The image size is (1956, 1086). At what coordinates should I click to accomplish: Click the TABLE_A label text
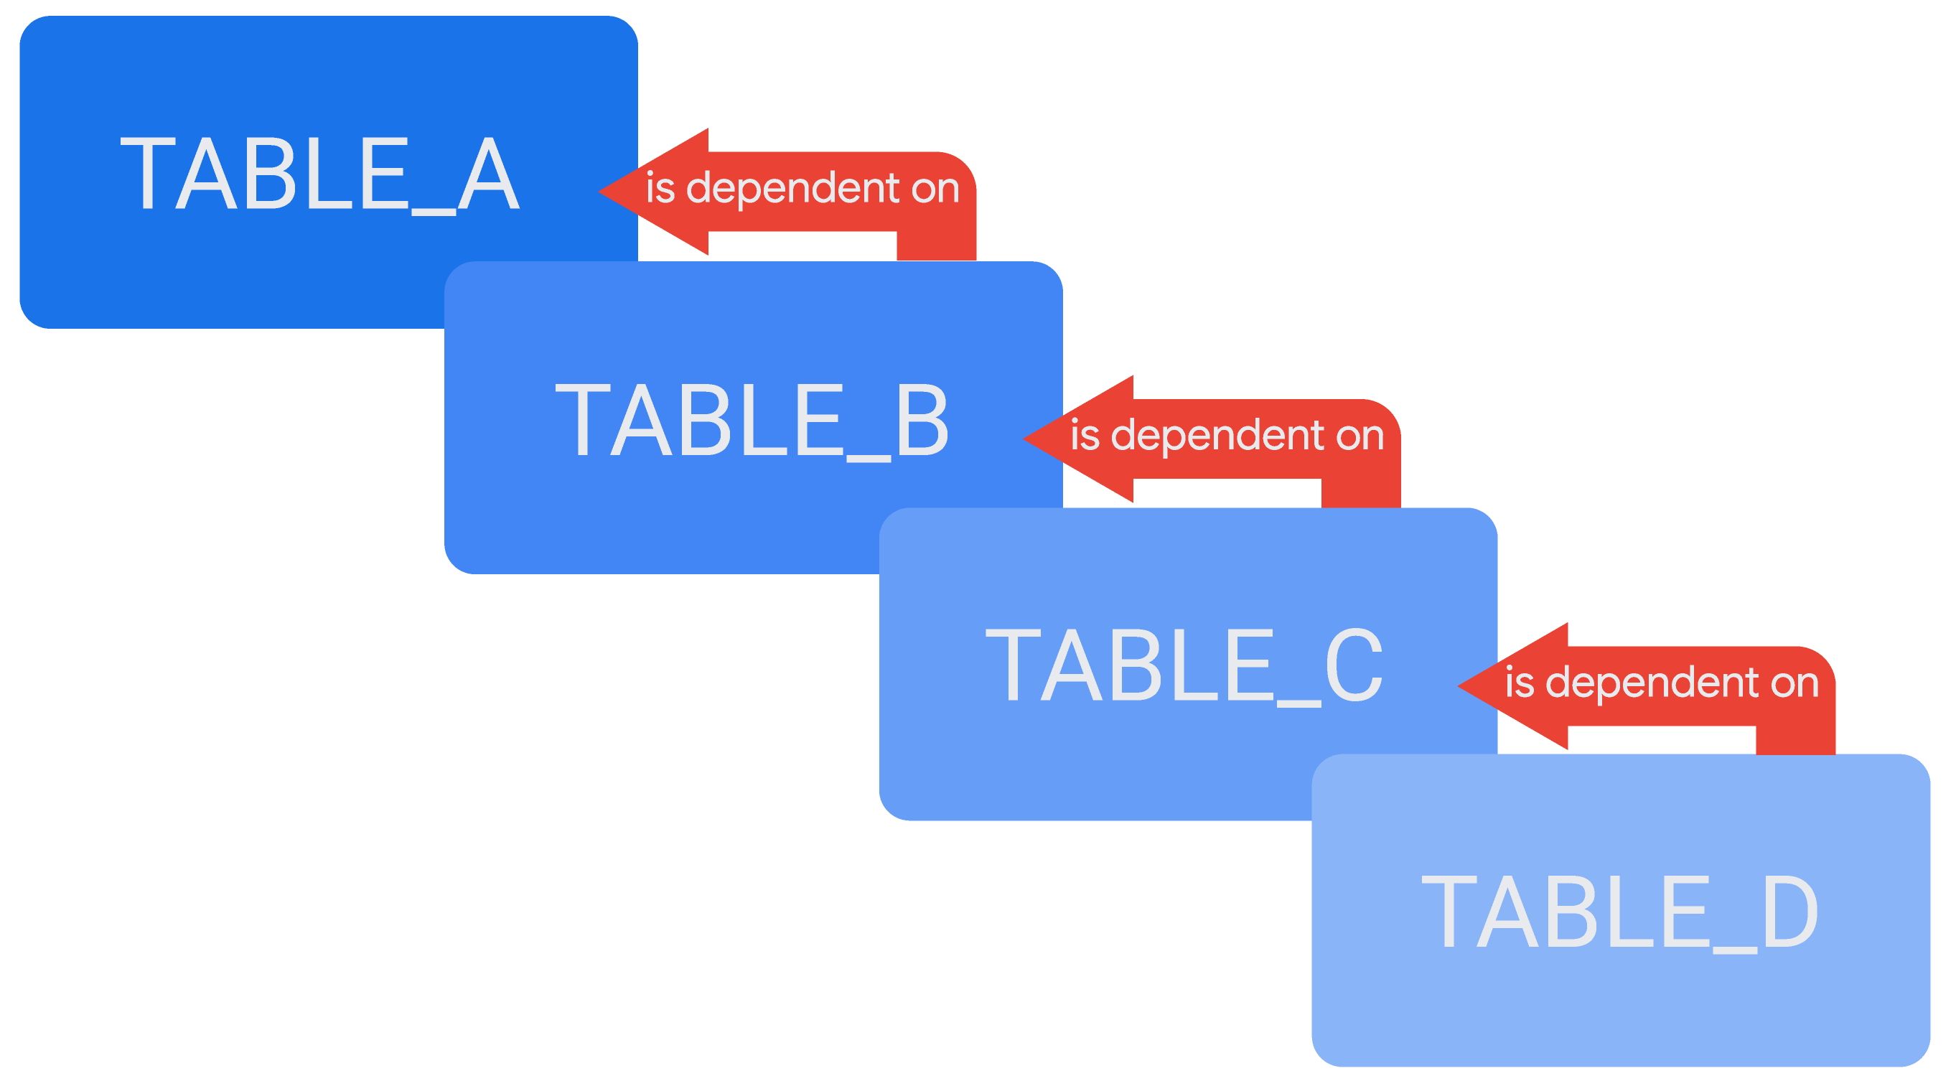click(319, 174)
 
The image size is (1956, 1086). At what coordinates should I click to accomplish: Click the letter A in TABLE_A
click(489, 174)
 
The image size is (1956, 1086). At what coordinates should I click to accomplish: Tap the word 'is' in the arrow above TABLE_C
click(1085, 435)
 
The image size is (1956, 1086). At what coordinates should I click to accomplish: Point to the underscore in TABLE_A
click(434, 212)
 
